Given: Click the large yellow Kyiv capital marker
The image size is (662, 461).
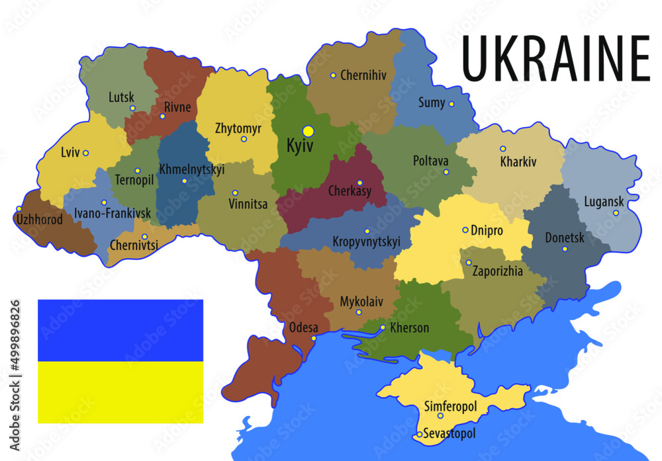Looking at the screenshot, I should pos(308,131).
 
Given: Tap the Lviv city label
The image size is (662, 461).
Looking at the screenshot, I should pos(70,153).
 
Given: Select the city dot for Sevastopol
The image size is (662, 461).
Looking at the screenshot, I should pos(419,435).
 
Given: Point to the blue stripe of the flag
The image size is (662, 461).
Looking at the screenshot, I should pos(120,330).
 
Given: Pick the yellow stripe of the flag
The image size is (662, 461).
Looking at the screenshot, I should pos(120,392).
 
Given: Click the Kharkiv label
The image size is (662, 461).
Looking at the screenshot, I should pos(518,162).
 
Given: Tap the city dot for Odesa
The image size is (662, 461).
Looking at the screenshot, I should pos(314,339).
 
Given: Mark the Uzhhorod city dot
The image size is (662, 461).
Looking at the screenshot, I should pos(19,209).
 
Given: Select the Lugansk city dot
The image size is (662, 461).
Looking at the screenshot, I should pos(616,213).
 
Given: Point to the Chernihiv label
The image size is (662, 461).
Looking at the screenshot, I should pos(363,75).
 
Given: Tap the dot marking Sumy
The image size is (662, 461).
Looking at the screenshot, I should pos(451,104).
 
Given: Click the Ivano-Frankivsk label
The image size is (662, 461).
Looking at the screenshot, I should pos(113,214).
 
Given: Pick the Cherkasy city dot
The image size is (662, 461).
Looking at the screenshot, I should pos(360,183).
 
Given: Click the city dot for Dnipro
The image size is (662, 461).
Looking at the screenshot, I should pos(465,230).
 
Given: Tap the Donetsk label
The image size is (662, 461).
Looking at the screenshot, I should pos(565,238).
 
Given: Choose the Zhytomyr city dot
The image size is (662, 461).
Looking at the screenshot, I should pos(244,139).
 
